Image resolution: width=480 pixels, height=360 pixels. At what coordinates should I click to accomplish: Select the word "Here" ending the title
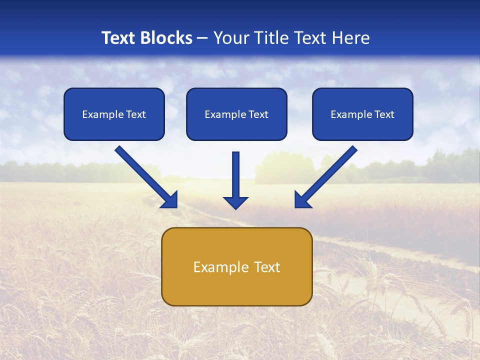[x=352, y=38]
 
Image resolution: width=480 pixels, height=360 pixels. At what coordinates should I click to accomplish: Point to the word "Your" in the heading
[x=229, y=38]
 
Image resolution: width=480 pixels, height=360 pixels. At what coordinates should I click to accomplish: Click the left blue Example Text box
[x=114, y=114]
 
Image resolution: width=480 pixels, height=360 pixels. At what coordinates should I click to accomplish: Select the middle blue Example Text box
[x=236, y=114]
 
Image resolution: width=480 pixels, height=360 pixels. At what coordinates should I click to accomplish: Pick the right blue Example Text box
[x=362, y=114]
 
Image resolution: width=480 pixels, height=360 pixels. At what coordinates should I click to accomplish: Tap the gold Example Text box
[x=236, y=266]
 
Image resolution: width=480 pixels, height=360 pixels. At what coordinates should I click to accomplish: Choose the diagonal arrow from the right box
[x=328, y=175]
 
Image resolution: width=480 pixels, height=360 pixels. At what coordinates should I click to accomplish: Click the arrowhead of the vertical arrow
[x=235, y=202]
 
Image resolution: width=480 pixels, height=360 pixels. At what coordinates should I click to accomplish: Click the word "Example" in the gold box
[x=217, y=267]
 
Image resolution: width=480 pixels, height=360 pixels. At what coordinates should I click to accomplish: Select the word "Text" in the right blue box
[x=384, y=114]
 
